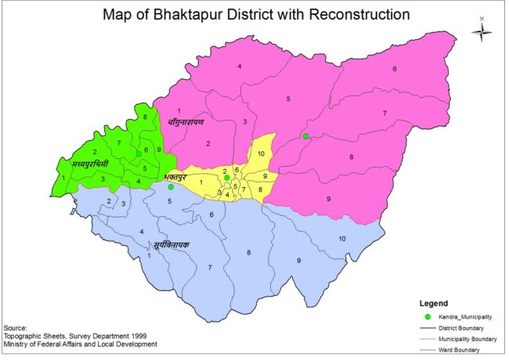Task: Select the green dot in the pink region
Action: click(305, 137)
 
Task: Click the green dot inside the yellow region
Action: click(226, 178)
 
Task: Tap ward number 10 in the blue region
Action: click(341, 238)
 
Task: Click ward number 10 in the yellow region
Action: click(261, 153)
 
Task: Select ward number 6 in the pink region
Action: click(394, 69)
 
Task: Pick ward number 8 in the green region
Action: click(145, 117)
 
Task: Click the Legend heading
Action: click(433, 302)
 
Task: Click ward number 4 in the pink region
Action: click(239, 67)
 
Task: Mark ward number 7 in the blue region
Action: click(209, 268)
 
